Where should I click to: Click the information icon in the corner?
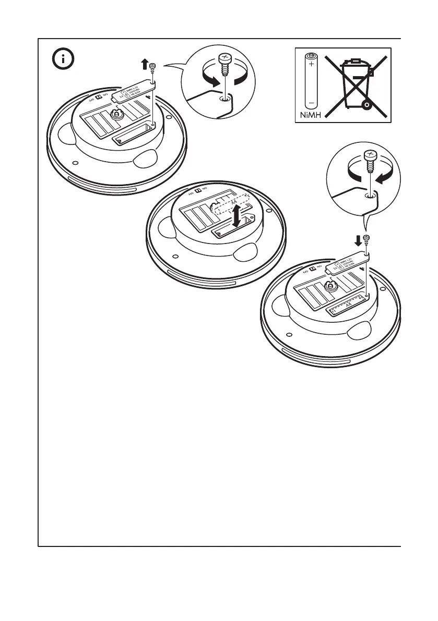64,59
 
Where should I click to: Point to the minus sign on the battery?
312,100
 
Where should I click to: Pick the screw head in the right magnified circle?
370,155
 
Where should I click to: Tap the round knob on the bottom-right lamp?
330,285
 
